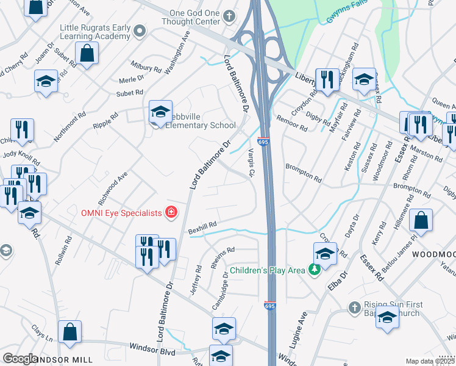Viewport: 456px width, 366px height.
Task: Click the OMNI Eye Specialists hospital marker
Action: pos(171,212)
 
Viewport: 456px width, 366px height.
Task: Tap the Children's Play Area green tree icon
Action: pos(314,269)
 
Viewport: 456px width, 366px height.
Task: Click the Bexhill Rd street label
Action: pos(203,226)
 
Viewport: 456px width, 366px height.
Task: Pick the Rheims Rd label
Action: pos(223,251)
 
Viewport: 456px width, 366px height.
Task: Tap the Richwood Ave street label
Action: pos(112,188)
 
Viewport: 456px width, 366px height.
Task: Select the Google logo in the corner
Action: pos(20,359)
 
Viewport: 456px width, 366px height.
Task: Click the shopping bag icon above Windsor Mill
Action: pos(70,332)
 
